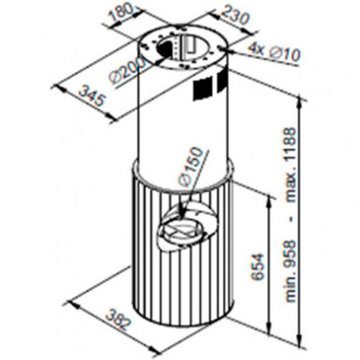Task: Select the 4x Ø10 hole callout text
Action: tap(274, 52)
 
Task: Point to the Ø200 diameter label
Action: tap(128, 70)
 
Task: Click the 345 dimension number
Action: tap(91, 95)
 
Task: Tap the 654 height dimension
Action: tap(258, 267)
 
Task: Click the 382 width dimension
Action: tap(119, 319)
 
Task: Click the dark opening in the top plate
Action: tap(164, 49)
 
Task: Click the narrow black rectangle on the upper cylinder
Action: tap(222, 81)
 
